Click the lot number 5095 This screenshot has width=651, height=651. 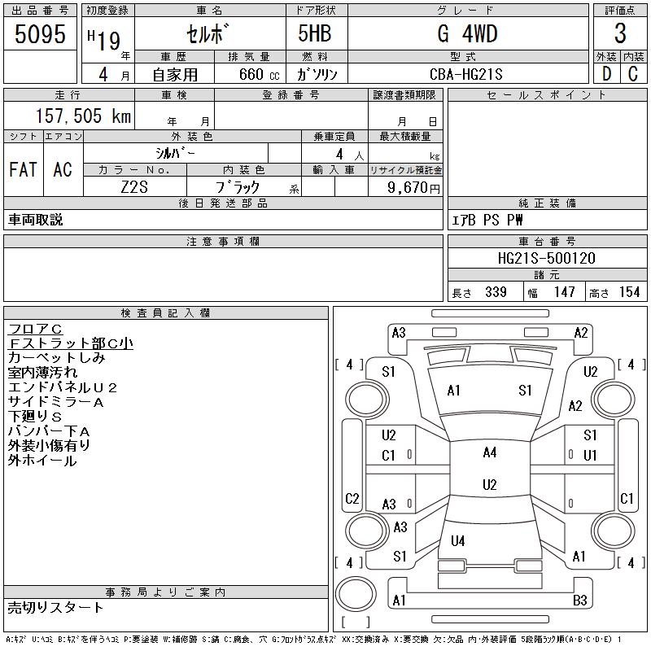pos(40,34)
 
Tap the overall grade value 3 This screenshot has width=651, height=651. pos(620,33)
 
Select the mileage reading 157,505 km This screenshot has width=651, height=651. pos(83,116)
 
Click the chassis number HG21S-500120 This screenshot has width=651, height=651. pos(546,258)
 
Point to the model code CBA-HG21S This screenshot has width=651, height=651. pos(465,74)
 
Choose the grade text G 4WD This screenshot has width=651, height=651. pos(467,33)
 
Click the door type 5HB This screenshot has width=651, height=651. pos(315,33)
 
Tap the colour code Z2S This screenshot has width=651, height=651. pos(134,187)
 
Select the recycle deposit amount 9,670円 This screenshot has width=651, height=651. pos(413,188)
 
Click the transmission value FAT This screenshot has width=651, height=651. pos(23,169)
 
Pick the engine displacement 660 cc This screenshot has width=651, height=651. pos(259,74)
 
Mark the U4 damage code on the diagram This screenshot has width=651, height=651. pos(457,540)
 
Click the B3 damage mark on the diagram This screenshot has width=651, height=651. pos(579,600)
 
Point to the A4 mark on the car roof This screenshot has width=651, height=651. pos(490,452)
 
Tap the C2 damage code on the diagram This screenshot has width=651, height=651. pos(352,498)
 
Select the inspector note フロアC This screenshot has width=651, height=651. pos(35,330)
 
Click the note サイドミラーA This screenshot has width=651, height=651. pos(55,402)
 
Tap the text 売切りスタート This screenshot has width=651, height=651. pos(55,608)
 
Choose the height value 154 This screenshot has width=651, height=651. pos(629,292)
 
